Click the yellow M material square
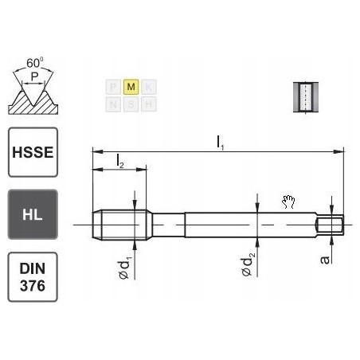(131, 85)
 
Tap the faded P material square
(113, 85)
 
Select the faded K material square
(150, 85)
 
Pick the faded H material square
(150, 103)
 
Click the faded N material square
(113, 103)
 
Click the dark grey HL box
(32, 213)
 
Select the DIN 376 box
(32, 276)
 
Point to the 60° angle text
(34, 61)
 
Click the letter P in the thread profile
(33, 77)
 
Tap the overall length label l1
(220, 142)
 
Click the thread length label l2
(119, 161)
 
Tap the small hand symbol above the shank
(288, 202)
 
